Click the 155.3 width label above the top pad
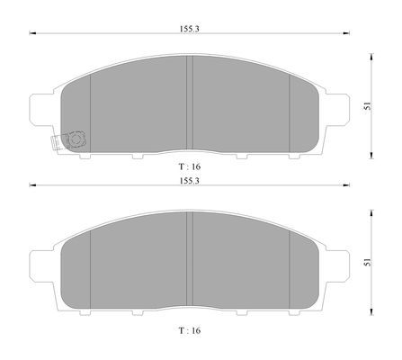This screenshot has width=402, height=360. coord(190,29)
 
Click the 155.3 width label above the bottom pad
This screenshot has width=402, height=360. coord(190,181)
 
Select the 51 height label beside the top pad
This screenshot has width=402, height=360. coord(367,106)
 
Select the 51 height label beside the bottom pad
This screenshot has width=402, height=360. coord(367,262)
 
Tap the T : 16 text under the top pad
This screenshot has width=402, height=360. coord(190,166)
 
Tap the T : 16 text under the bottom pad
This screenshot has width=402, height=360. coord(190,330)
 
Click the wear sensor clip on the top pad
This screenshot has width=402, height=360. coord(69,140)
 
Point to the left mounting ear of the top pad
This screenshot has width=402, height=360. coord(41,110)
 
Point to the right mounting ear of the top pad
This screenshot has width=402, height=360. coord(337,110)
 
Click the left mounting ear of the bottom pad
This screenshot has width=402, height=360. coord(41,266)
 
